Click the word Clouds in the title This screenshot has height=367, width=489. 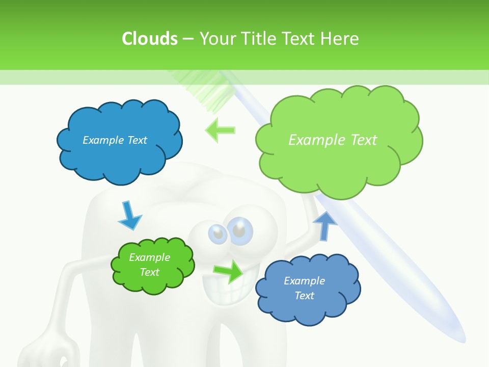pyautogui.click(x=150, y=39)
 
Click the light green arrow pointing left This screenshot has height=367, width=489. pyautogui.click(x=220, y=130)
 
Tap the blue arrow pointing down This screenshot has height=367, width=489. pyautogui.click(x=129, y=215)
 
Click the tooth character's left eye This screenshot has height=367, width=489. pyautogui.click(x=218, y=233)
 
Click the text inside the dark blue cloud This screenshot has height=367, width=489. pyautogui.click(x=115, y=140)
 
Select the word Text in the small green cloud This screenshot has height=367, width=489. pyautogui.click(x=149, y=272)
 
